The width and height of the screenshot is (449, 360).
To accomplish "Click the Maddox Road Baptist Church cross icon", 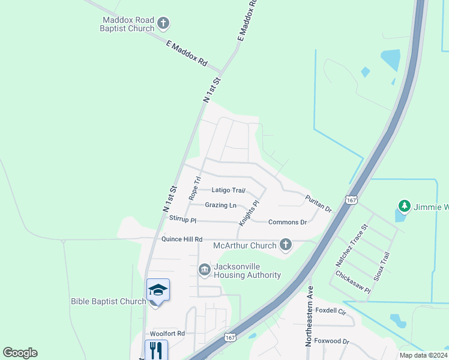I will click(163, 25).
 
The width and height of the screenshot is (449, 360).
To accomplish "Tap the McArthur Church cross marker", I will click(286, 245).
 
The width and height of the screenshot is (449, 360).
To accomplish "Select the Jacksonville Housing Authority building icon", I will click(205, 269).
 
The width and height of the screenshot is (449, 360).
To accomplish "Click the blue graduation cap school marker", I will click(158, 290).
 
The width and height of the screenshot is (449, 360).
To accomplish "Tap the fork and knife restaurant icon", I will click(156, 349).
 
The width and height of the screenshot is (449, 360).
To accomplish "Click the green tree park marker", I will click(405, 207).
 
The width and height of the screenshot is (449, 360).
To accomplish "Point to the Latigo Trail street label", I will click(229, 190).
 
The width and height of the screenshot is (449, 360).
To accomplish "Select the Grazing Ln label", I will click(220, 205).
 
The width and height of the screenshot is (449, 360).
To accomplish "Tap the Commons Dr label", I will click(288, 222).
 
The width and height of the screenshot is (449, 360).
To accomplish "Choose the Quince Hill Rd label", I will click(182, 239).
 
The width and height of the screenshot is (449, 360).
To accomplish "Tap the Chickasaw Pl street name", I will click(354, 281).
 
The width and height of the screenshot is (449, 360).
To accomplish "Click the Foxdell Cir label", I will click(331, 311).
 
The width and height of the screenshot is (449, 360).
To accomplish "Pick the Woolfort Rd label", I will click(167, 333).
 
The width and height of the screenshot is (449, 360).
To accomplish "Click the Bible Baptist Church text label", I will click(108, 301).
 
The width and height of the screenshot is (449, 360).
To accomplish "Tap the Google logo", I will click(20, 353).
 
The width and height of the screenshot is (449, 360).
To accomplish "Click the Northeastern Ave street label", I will click(310, 324).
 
